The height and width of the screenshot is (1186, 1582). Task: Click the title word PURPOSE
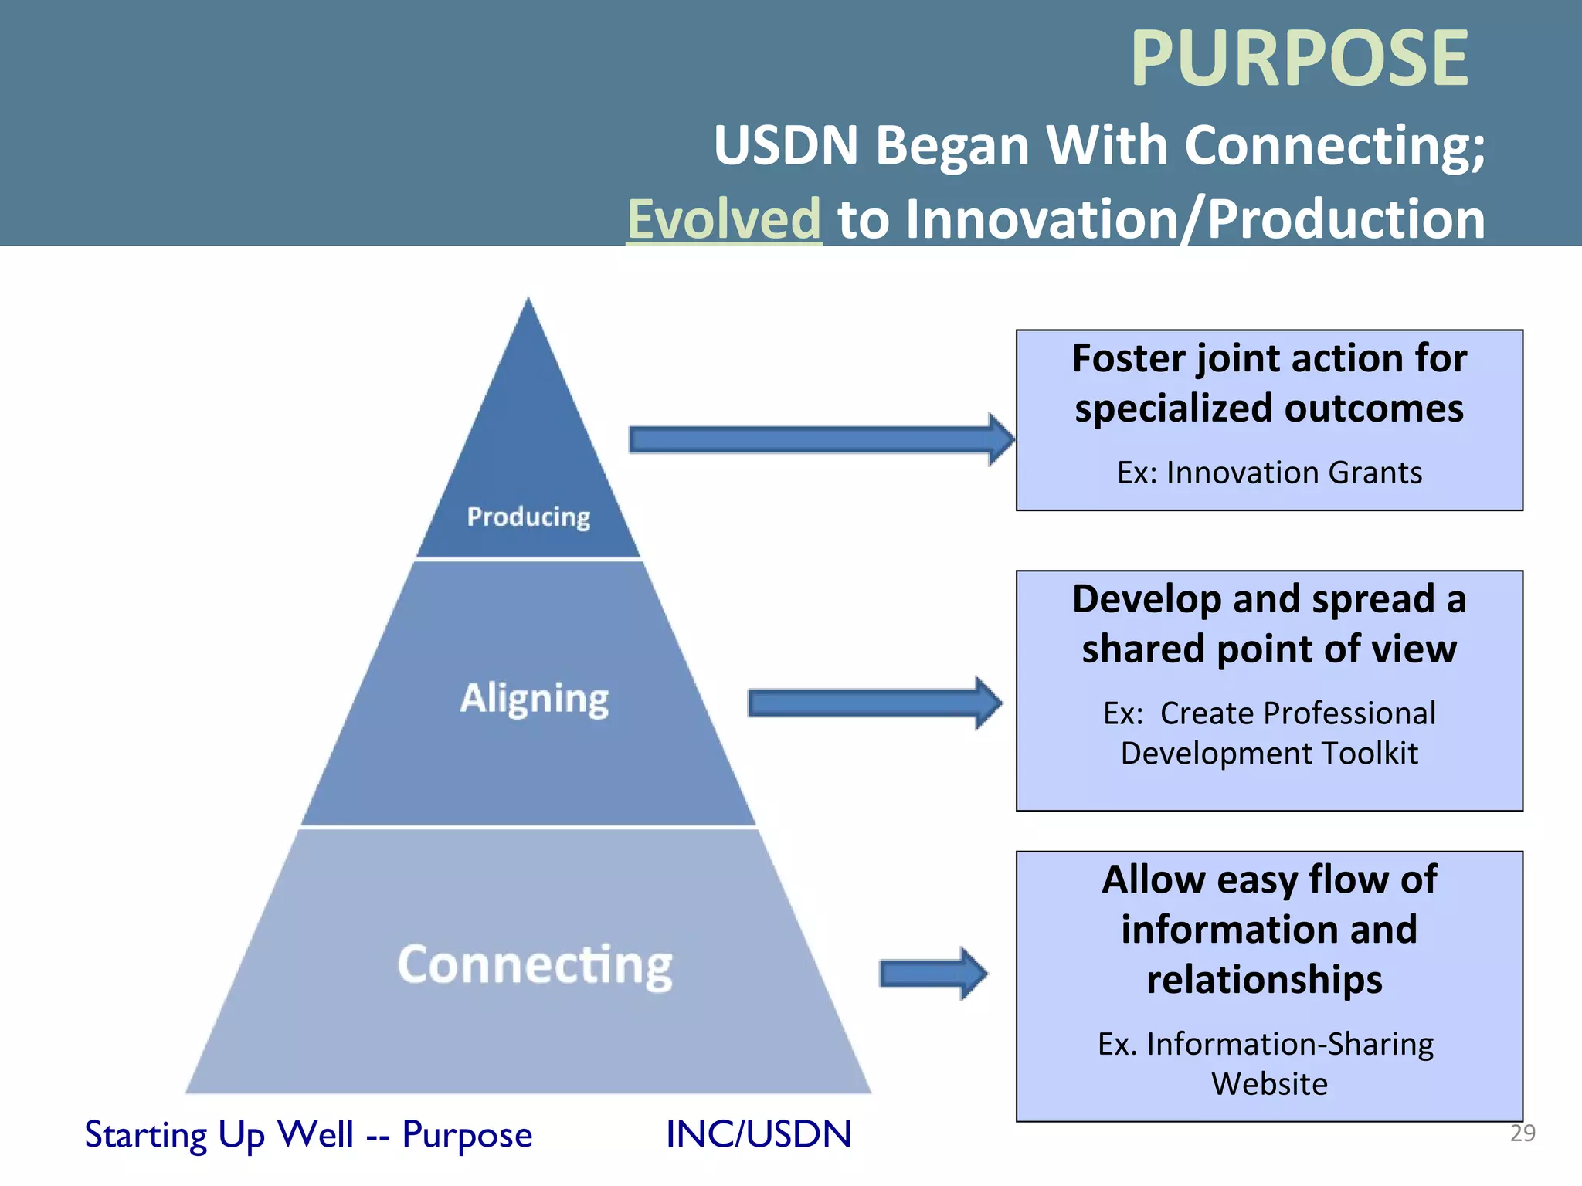click(1299, 59)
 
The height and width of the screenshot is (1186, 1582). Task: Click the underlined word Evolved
click(724, 219)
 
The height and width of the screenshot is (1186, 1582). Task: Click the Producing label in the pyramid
click(528, 516)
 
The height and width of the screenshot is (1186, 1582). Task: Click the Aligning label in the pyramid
click(535, 699)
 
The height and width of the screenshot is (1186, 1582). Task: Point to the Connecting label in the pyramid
click(535, 965)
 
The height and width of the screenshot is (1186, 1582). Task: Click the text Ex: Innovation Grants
click(1269, 473)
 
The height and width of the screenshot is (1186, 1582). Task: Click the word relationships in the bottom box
click(1265, 980)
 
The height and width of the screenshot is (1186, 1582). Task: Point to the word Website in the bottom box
click(1269, 1083)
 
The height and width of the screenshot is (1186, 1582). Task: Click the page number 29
click(1523, 1133)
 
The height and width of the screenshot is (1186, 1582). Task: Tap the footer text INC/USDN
click(759, 1134)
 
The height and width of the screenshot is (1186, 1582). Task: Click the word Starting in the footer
click(145, 1135)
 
